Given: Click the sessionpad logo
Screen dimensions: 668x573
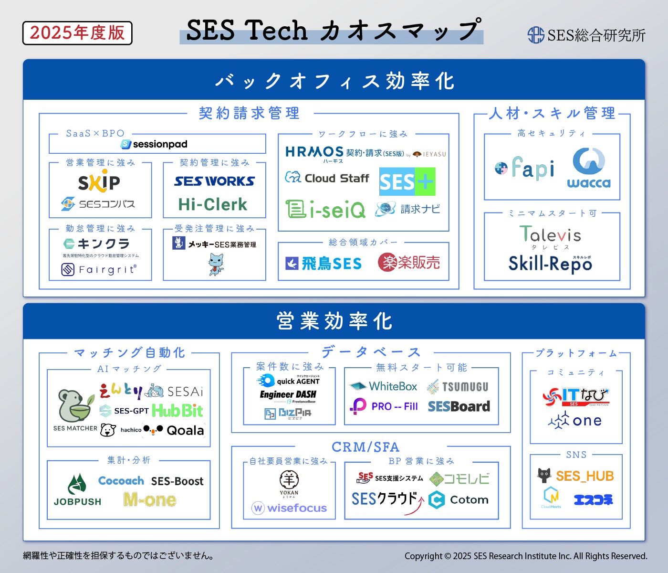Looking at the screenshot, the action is click(x=154, y=144).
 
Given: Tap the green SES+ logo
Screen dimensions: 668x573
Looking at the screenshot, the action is click(x=407, y=181).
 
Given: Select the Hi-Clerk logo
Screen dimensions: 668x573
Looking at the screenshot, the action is click(x=213, y=205).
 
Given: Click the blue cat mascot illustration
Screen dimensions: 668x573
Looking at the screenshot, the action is click(x=216, y=264).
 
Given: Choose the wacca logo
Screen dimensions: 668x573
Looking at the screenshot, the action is click(x=589, y=168).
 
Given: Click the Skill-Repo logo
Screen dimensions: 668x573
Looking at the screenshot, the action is click(x=550, y=263).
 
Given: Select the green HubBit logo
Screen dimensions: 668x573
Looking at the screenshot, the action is click(x=177, y=411).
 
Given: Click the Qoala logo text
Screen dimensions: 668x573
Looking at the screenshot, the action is click(x=185, y=431).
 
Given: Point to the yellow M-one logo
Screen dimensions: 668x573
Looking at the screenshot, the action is click(x=150, y=500).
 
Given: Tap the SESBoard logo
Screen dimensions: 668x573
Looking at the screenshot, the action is click(x=459, y=406).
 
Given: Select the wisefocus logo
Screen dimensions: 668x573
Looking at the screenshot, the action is click(x=289, y=508).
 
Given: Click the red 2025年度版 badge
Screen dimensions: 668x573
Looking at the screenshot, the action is click(x=77, y=33).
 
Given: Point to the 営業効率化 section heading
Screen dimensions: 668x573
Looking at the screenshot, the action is click(x=334, y=321).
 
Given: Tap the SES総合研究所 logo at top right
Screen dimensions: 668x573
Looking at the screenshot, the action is click(x=586, y=35).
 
